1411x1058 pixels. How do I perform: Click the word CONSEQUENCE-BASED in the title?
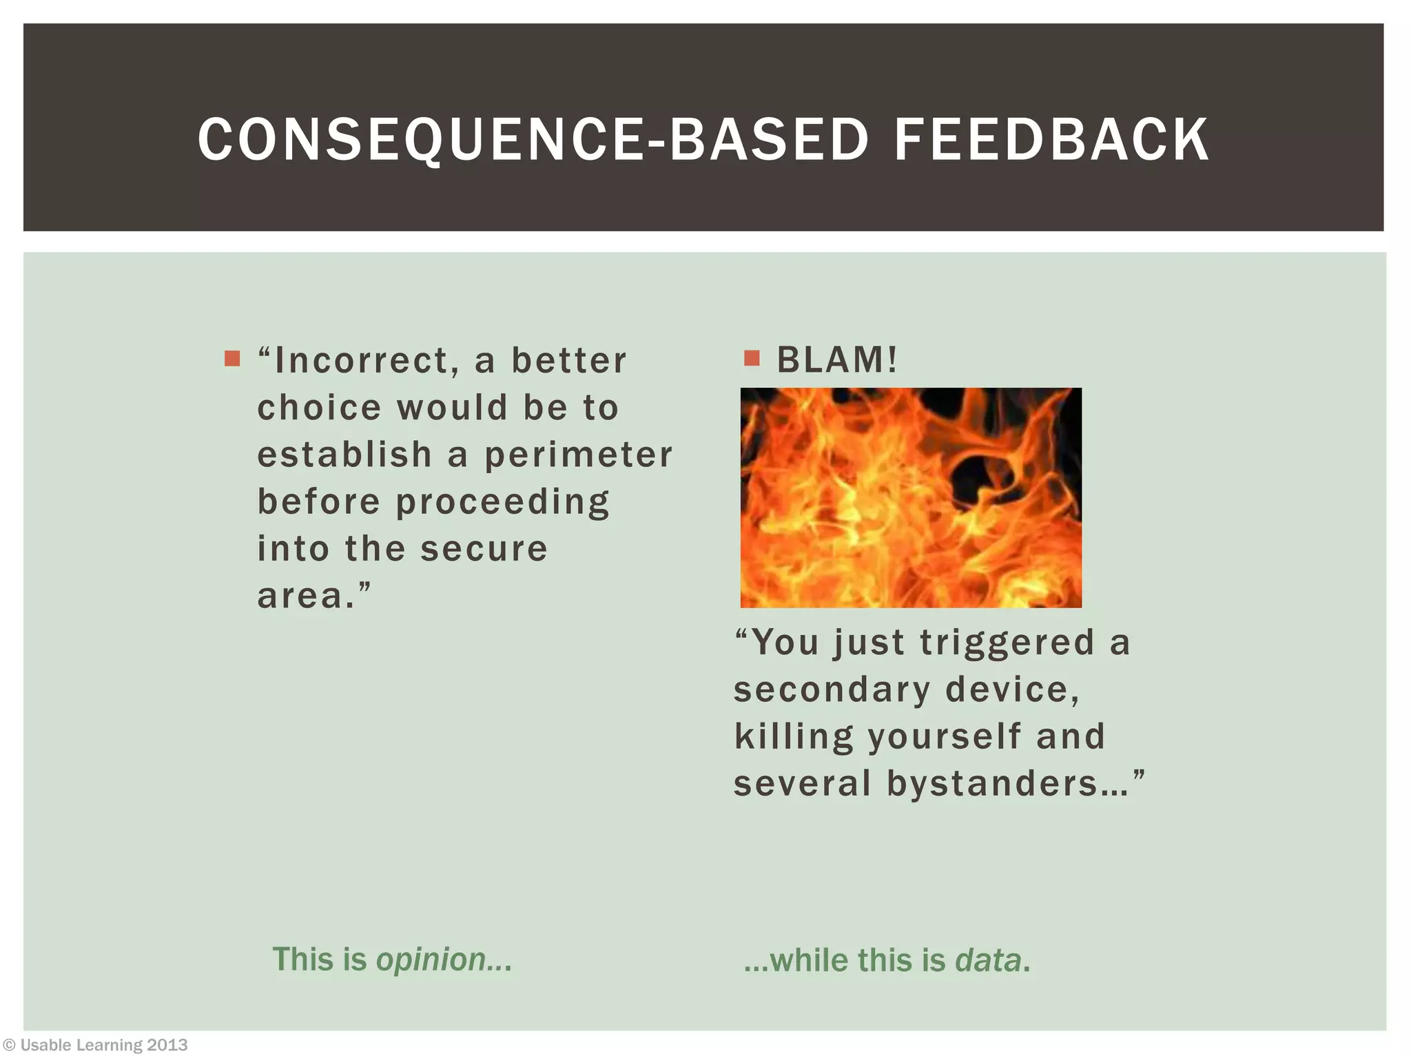[533, 140]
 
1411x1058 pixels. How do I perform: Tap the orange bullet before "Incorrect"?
[232, 358]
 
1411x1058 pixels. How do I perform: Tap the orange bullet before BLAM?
[752, 358]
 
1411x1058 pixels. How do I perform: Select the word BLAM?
[837, 360]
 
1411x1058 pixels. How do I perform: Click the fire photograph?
[911, 497]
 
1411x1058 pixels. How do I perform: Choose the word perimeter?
[578, 455]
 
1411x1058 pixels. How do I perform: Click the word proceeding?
[503, 503]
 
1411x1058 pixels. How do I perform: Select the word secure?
[484, 549]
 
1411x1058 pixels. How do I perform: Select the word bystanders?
[993, 783]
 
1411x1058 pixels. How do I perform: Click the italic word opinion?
[431, 960]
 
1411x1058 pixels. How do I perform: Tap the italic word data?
[987, 960]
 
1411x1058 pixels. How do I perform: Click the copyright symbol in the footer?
[10, 1045]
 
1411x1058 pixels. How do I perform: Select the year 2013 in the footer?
[167, 1045]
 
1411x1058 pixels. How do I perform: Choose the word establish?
[344, 455]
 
